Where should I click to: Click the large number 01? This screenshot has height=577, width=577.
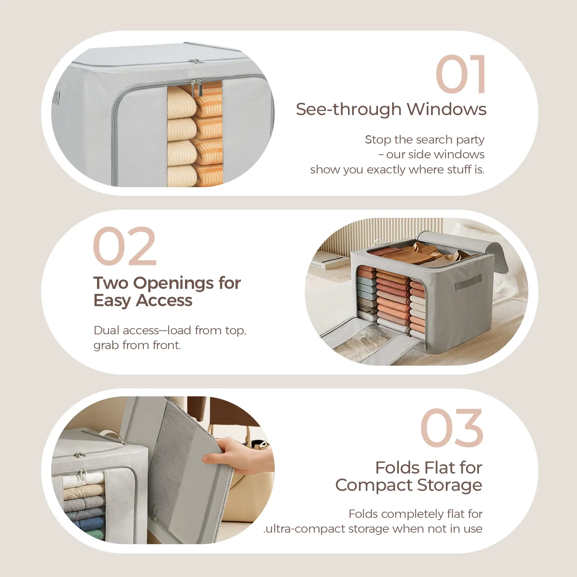click(x=461, y=74)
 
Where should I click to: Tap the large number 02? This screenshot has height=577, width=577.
click(x=125, y=246)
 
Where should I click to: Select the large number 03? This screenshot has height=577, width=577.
click(x=452, y=428)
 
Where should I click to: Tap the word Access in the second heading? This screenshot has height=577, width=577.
click(x=164, y=300)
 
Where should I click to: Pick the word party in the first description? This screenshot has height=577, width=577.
click(x=470, y=140)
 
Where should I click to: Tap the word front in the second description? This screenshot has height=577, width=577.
click(x=167, y=345)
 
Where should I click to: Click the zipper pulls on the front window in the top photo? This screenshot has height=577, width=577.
click(x=196, y=88)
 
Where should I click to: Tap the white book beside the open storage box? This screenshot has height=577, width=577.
click(x=329, y=261)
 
